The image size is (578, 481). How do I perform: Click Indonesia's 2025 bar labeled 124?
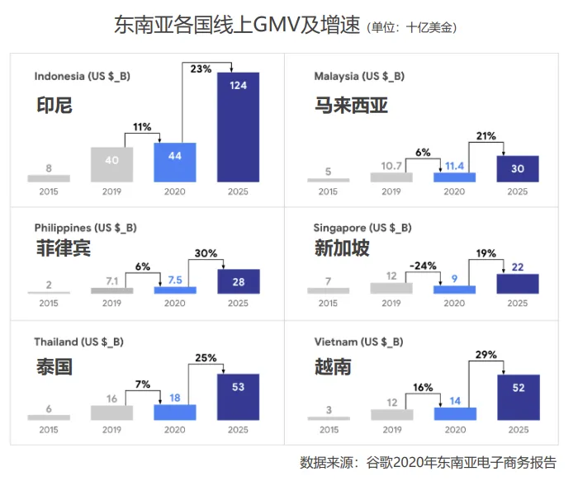238,127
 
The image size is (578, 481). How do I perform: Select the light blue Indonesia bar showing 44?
175,163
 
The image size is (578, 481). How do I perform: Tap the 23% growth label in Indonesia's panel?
201,68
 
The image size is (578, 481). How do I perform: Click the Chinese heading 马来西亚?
351,106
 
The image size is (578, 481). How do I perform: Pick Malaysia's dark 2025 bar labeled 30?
518,168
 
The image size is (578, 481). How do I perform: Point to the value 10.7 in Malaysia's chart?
391,166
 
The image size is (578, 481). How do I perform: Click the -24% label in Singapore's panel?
423,266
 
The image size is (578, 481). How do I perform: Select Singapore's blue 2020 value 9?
454,278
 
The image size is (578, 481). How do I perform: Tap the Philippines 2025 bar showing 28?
239,281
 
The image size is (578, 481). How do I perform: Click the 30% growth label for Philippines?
206,253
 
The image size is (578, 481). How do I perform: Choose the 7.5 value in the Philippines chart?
175,280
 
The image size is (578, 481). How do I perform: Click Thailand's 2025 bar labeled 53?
238,397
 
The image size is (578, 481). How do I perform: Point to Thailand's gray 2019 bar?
111,413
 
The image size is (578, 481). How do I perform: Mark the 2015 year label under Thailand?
49,430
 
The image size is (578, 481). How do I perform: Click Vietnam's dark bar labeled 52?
519,398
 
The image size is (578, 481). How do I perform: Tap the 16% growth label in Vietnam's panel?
423,388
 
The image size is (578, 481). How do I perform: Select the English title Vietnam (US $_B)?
358,342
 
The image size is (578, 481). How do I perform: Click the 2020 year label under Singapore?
454,303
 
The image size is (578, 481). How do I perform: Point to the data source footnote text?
428,463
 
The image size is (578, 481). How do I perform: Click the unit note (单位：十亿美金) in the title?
412,27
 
